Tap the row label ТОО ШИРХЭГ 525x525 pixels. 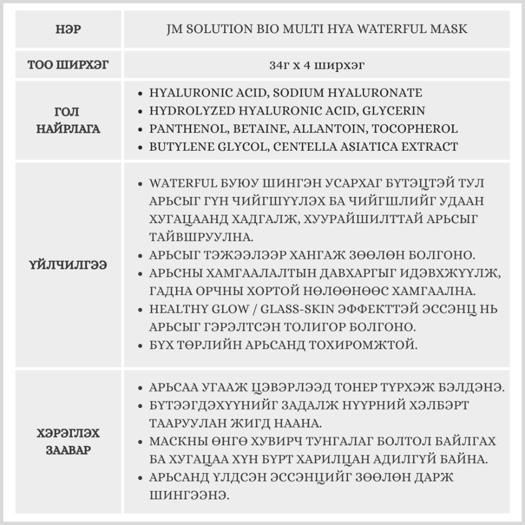(x=68, y=66)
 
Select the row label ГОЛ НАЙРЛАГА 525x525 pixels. (x=68, y=120)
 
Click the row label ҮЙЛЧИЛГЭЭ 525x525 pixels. (x=68, y=265)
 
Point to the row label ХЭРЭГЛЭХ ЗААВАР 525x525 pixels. (x=68, y=442)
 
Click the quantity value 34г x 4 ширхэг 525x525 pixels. (x=317, y=66)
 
